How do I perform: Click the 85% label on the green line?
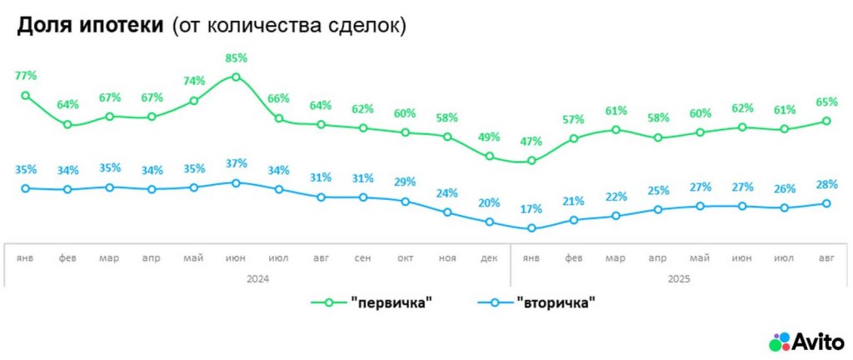pyautogui.click(x=237, y=58)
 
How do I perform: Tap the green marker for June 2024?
pyautogui.click(x=237, y=77)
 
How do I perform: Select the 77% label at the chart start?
pyautogui.click(x=26, y=77)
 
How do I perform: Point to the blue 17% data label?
pyautogui.click(x=532, y=209)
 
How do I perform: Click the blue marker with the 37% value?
pyautogui.click(x=237, y=182)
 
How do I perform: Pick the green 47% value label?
pyautogui.click(x=532, y=141)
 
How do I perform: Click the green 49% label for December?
pyautogui.click(x=490, y=137)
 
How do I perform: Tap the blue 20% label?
pyautogui.click(x=490, y=202)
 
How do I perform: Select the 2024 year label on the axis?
pyautogui.click(x=258, y=279)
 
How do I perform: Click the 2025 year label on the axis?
pyautogui.click(x=680, y=279)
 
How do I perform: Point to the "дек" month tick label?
pyautogui.click(x=490, y=258)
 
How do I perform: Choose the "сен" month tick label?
pyautogui.click(x=363, y=258)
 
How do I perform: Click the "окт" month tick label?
pyautogui.click(x=406, y=258)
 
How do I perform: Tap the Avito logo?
pyautogui.click(x=806, y=342)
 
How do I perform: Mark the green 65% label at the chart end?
pyautogui.click(x=827, y=102)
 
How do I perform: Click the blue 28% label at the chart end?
pyautogui.click(x=827, y=184)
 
